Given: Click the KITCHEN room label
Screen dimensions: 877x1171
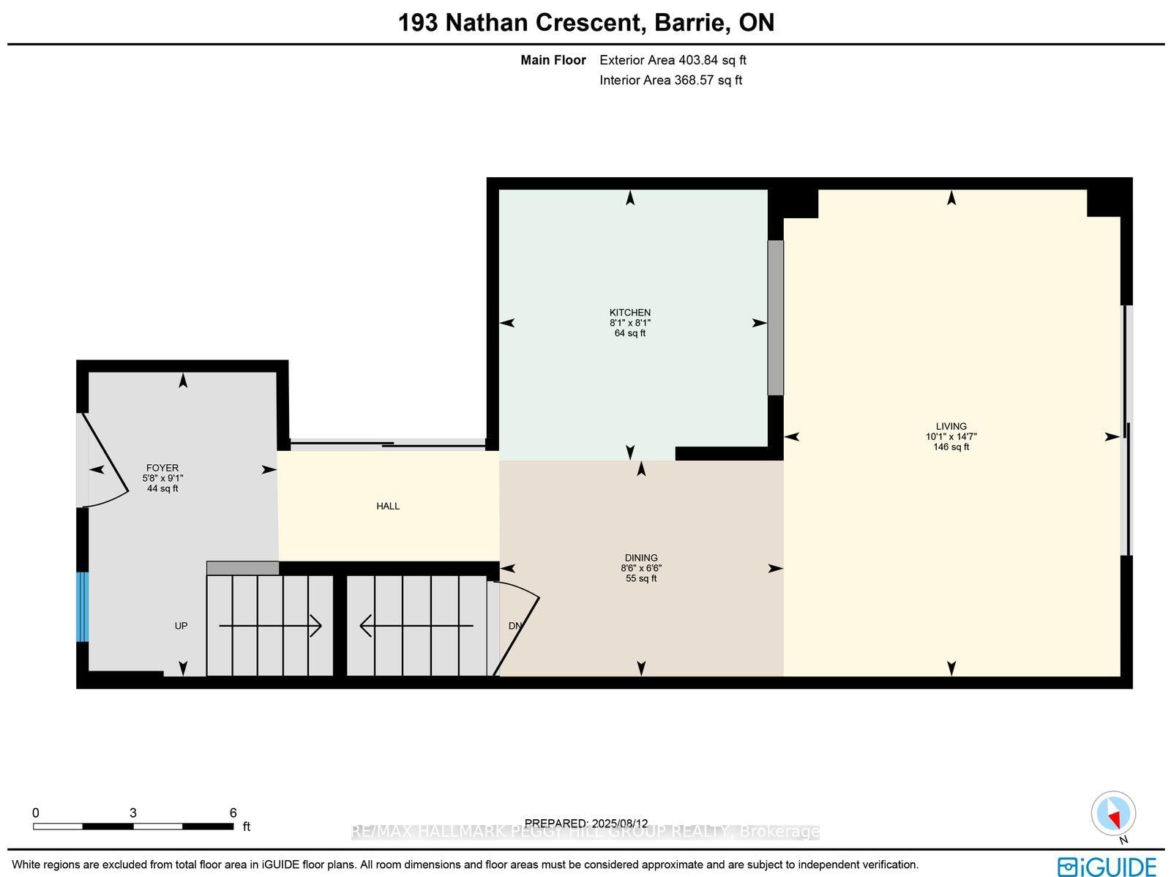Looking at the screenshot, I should pos(629,313).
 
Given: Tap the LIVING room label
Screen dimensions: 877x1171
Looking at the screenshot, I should pos(951,426).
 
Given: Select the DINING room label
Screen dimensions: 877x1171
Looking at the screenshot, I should pos(641,558).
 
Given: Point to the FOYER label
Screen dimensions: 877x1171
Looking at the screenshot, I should pos(162,468).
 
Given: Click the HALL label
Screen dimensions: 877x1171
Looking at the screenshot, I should pos(388,506).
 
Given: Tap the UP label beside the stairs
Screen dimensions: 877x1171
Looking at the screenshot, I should pos(181,626).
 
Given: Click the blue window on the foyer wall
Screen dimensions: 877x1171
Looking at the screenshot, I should pos(83,607).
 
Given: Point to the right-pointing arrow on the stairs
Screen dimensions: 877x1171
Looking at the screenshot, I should pos(271,626).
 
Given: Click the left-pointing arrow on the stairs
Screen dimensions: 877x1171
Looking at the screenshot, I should pos(416,626).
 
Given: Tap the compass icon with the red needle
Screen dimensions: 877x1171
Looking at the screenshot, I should pos(1112,814).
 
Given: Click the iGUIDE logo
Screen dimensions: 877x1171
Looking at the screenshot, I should pos(1107,867).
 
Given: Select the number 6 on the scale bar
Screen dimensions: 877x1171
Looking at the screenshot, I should pos(233,813).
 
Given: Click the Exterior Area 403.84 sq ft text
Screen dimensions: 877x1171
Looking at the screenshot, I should pos(673,60).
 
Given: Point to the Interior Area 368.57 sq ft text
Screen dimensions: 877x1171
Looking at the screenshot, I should pos(670,81).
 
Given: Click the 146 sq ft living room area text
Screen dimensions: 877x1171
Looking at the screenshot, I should pos(951,447).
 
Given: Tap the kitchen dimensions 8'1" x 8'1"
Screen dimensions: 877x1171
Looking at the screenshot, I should pos(629,323).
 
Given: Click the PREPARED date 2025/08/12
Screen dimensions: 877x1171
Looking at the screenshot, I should pos(586,824).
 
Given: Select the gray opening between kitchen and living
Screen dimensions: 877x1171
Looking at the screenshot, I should pos(775,318).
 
